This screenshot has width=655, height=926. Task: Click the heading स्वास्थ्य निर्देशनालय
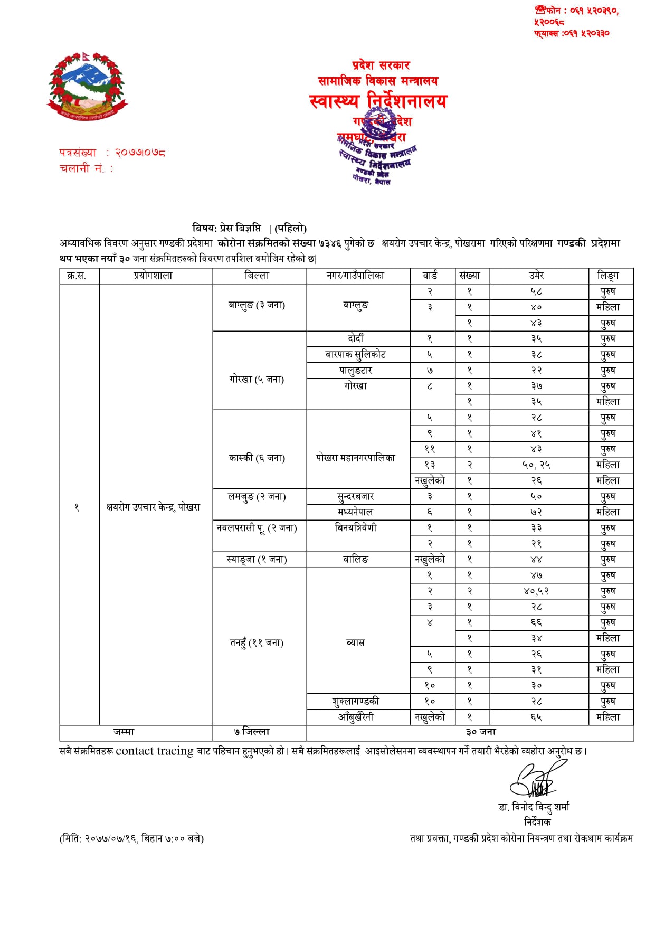tap(378, 101)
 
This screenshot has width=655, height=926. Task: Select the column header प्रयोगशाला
tap(153, 276)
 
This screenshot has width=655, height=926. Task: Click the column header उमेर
tap(536, 276)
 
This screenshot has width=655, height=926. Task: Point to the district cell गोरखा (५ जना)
tap(257, 379)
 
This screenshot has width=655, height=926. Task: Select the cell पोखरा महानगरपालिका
tap(356, 458)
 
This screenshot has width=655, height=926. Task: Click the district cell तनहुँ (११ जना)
tap(257, 642)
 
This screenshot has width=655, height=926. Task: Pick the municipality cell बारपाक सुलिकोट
tap(356, 354)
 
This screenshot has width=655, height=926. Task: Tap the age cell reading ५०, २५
tap(536, 465)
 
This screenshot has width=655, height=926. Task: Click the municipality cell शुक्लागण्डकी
tap(356, 701)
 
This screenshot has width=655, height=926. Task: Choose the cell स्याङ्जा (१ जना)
tap(257, 559)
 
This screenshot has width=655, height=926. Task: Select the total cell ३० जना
tap(481, 732)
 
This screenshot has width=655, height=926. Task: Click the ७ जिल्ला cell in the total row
tap(252, 732)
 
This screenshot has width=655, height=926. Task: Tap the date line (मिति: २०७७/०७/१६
tap(131, 838)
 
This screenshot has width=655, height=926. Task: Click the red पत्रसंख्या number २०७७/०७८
tap(140, 153)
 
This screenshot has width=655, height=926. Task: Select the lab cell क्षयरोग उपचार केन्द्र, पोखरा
tap(153, 507)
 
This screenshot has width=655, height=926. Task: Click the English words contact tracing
tap(155, 751)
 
